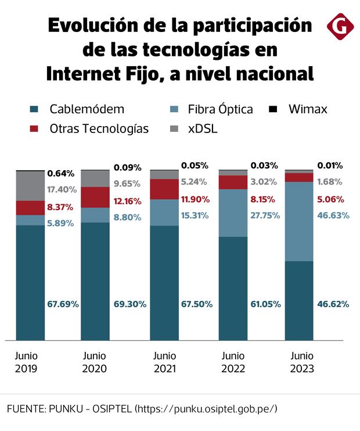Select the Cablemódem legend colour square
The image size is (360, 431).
(x=34, y=109)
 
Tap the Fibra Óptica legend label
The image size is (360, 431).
(x=220, y=109)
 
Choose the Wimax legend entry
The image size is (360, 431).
(x=308, y=109)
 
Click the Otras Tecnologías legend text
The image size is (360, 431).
(x=99, y=128)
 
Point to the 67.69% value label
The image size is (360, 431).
(x=63, y=304)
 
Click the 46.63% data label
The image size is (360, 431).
(x=333, y=215)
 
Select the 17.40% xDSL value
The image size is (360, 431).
(x=63, y=189)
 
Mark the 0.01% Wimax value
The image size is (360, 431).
(x=330, y=165)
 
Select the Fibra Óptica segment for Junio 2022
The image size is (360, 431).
(x=233, y=213)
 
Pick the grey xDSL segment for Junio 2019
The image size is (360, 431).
(x=30, y=186)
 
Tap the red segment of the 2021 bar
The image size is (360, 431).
(x=164, y=189)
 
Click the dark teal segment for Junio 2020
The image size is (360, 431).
(x=95, y=281)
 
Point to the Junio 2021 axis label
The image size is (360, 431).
(x=164, y=362)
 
